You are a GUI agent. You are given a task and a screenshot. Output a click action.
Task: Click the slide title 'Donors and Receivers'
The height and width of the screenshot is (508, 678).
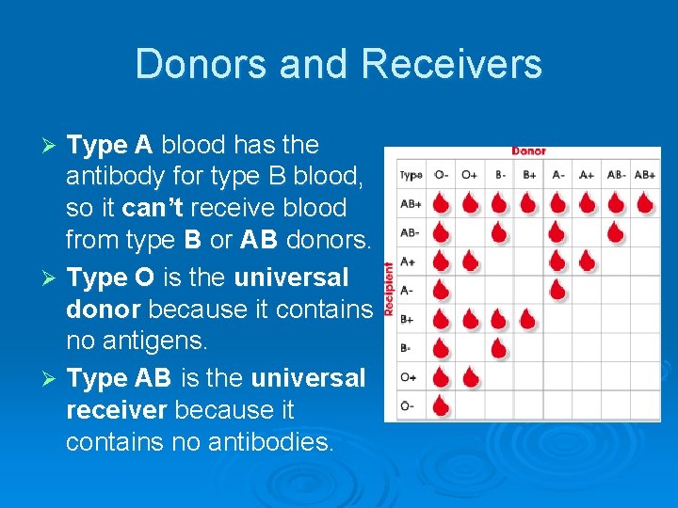coord(338,65)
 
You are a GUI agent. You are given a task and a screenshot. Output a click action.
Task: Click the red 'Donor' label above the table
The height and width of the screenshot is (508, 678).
coord(528,151)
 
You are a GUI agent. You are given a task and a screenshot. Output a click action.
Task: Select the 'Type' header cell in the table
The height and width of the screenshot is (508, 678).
coord(412,175)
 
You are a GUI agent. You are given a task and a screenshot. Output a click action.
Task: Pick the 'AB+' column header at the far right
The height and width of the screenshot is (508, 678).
coord(645,175)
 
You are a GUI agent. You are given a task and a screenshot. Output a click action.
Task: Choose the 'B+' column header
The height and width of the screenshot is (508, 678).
coord(529,175)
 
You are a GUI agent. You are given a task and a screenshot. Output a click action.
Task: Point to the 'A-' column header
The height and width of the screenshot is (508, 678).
coord(558,175)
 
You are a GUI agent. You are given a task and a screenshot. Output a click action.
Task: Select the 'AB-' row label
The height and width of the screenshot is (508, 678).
coord(411,232)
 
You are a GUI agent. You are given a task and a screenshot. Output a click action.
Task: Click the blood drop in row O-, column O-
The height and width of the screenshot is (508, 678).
coord(440,406)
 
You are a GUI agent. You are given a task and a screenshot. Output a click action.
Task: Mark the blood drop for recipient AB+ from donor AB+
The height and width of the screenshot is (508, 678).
coord(645,202)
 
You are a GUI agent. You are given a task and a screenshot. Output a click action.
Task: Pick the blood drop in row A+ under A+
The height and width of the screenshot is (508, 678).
coord(587,261)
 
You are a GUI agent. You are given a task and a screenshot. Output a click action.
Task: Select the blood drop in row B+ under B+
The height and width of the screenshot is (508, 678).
coord(528,320)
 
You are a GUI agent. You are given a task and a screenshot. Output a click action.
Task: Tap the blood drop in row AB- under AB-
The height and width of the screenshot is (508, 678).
coord(616,231)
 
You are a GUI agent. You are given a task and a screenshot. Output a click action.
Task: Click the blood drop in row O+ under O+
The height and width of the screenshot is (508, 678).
coord(469,377)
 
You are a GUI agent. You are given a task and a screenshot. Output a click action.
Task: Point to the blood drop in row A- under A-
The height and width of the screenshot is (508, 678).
coord(557,290)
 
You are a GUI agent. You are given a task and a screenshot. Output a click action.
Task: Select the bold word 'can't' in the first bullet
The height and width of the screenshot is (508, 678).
coord(155,208)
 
